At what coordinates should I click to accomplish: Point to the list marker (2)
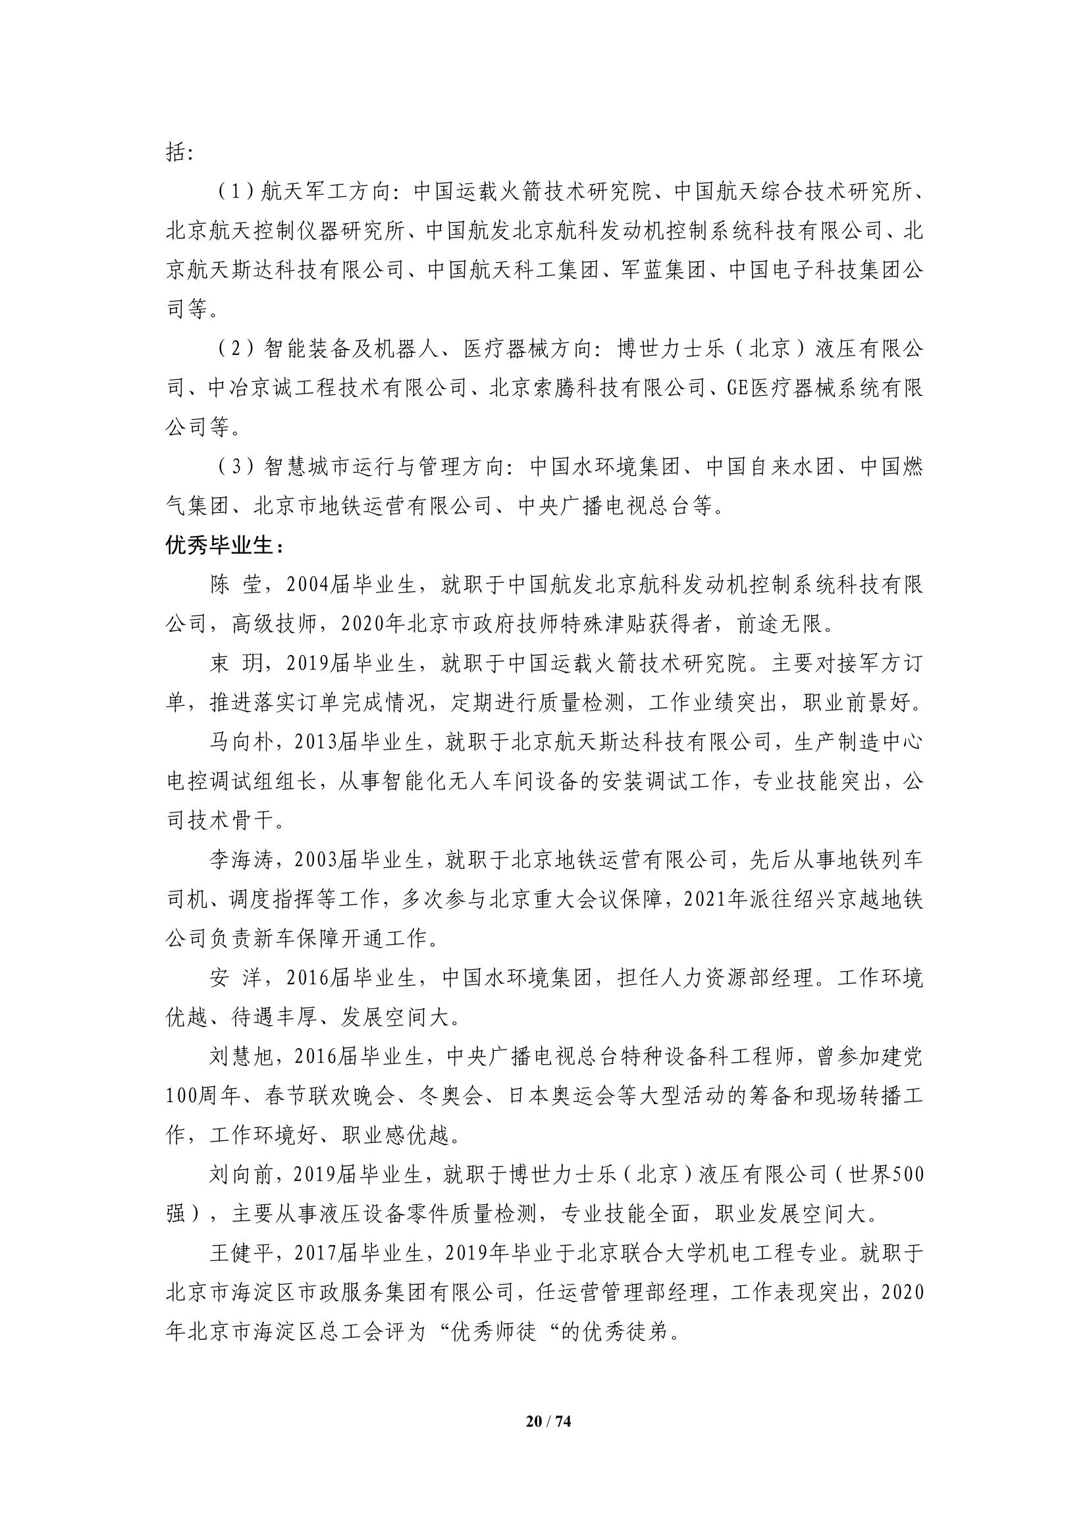click(234, 350)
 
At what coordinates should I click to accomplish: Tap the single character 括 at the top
click(175, 153)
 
